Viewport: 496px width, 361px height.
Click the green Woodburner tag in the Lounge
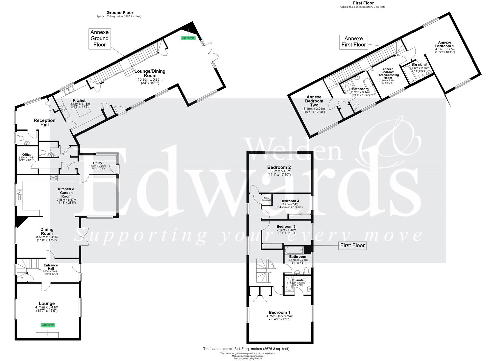[48, 325]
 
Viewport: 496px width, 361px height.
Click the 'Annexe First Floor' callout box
[354, 42]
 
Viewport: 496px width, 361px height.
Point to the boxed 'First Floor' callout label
[352, 246]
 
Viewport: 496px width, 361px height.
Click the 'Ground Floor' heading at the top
[120, 13]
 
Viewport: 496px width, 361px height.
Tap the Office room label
[27, 155]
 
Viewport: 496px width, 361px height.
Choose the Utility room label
[98, 163]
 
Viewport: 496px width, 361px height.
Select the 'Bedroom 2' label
[279, 167]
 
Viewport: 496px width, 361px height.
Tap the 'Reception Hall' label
[44, 122]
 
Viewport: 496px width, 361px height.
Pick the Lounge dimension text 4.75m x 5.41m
[46, 307]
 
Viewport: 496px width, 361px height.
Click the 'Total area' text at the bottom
[246, 349]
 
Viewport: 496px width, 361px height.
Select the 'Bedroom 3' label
[286, 226]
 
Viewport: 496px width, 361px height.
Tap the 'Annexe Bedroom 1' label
[445, 44]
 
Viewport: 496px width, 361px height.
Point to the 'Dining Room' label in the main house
[47, 231]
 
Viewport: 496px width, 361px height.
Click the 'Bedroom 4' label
[290, 201]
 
